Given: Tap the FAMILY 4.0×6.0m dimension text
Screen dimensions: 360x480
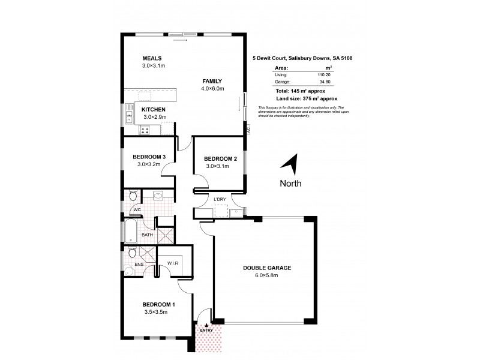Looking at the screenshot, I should [x=212, y=88].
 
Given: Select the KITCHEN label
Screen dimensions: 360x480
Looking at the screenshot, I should [x=154, y=109].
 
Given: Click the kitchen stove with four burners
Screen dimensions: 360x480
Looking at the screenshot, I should [x=145, y=130].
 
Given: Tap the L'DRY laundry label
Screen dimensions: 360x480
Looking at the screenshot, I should [x=220, y=199].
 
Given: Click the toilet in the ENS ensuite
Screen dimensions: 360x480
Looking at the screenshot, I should [x=131, y=252].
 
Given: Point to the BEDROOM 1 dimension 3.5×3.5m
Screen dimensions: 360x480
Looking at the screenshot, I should [x=155, y=312].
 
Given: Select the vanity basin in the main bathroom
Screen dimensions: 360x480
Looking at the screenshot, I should [x=159, y=196].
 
